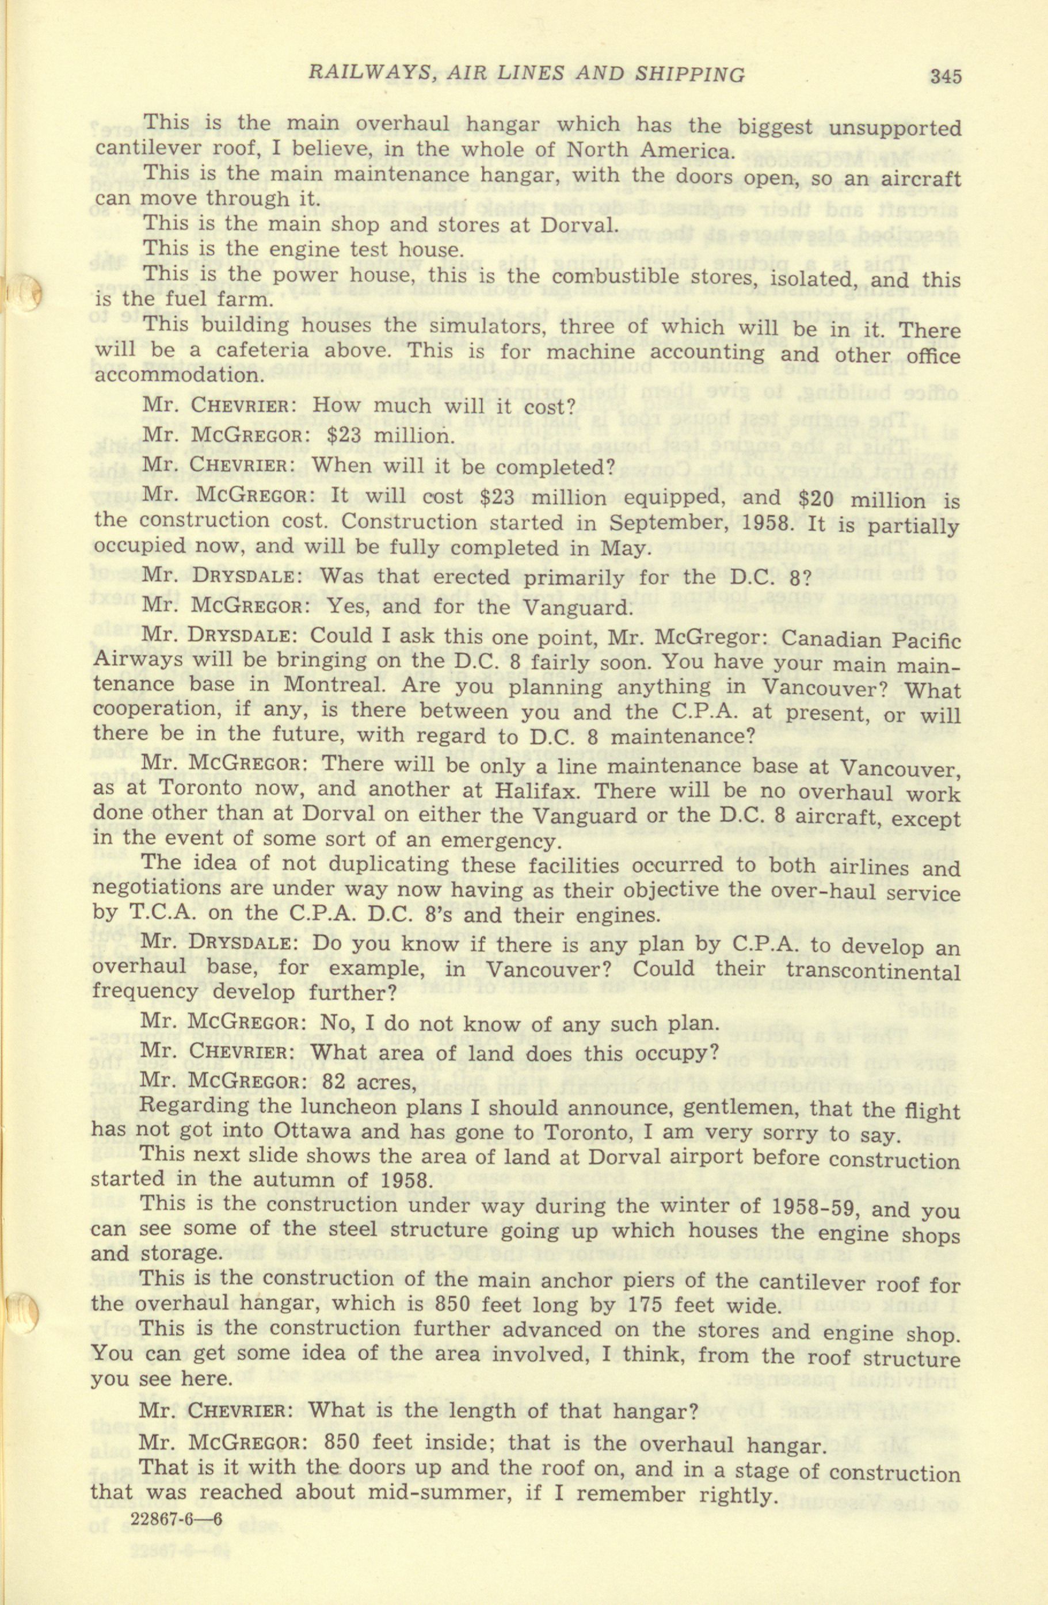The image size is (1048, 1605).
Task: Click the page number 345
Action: click(x=943, y=76)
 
